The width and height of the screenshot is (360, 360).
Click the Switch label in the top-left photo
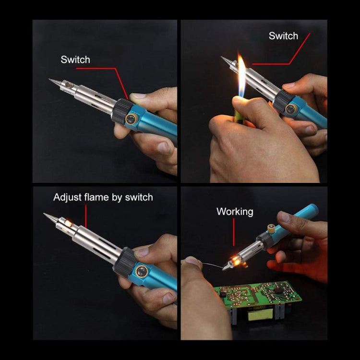coord(75,60)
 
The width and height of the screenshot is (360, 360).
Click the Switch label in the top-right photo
coord(283,36)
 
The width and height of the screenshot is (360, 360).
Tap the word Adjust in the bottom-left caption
coord(66,197)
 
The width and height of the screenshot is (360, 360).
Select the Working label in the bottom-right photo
coord(235,211)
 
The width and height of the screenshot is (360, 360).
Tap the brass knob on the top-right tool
coord(290,109)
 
